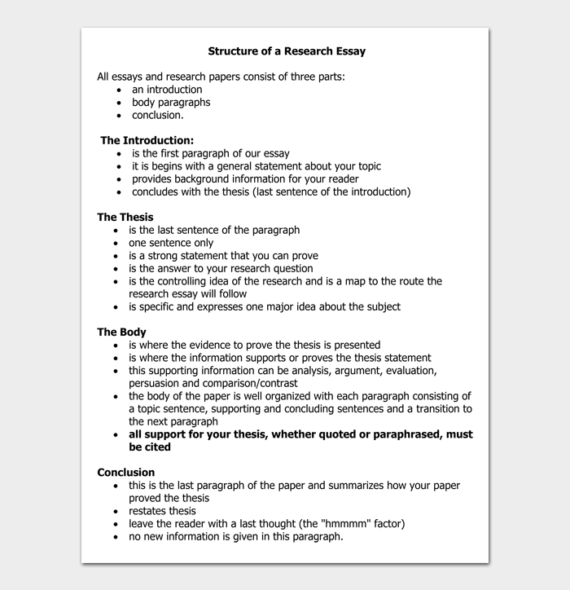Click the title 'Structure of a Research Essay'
287,51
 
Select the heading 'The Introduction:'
147,140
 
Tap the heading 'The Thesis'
125,217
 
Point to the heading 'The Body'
121,332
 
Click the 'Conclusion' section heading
125,472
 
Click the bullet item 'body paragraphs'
171,103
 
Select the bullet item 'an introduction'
167,90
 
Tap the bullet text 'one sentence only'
171,243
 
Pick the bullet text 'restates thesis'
162,511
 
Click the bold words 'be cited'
150,447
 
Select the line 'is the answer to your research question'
221,268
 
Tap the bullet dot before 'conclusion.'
119,116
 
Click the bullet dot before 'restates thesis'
116,511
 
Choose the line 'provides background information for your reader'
245,178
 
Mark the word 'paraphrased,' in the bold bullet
401,434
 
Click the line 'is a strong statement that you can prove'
223,256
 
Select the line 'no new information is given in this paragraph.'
235,536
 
